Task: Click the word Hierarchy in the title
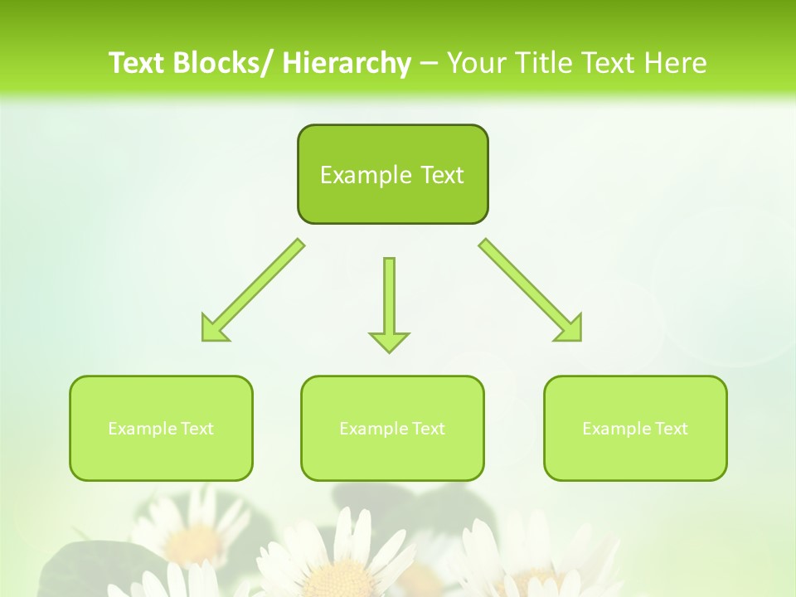pos(347,63)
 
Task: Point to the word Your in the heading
pos(476,63)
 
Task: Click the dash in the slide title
pos(429,63)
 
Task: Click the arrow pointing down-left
pos(253,290)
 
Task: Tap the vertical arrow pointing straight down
pos(389,298)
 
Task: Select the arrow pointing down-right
pos(531,290)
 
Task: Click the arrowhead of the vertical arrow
pos(389,341)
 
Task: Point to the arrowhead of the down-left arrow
pos(212,330)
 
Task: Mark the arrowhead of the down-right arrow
pos(570,329)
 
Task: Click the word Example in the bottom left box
pos(143,429)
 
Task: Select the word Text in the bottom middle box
pos(428,429)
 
